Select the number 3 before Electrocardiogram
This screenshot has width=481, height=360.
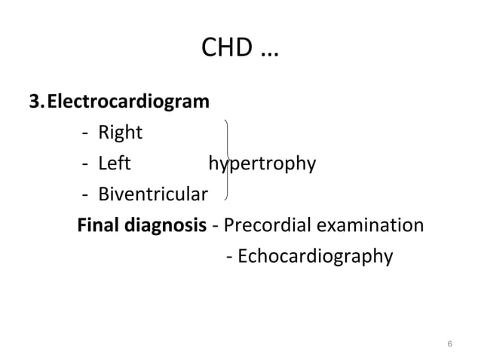click(34, 101)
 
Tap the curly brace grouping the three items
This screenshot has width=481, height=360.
click(228, 162)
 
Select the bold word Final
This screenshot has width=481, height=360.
click(100, 226)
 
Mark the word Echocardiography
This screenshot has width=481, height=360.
click(316, 258)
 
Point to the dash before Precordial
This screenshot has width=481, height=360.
click(216, 227)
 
